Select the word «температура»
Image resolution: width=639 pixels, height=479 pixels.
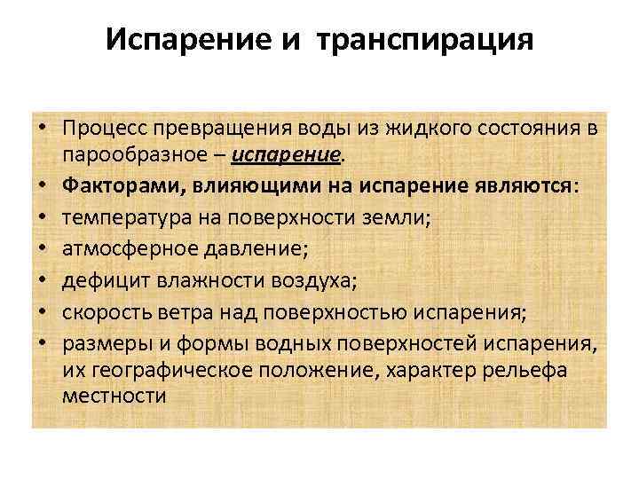[x=120, y=216]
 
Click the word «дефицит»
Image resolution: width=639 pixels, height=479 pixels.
[x=96, y=279]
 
